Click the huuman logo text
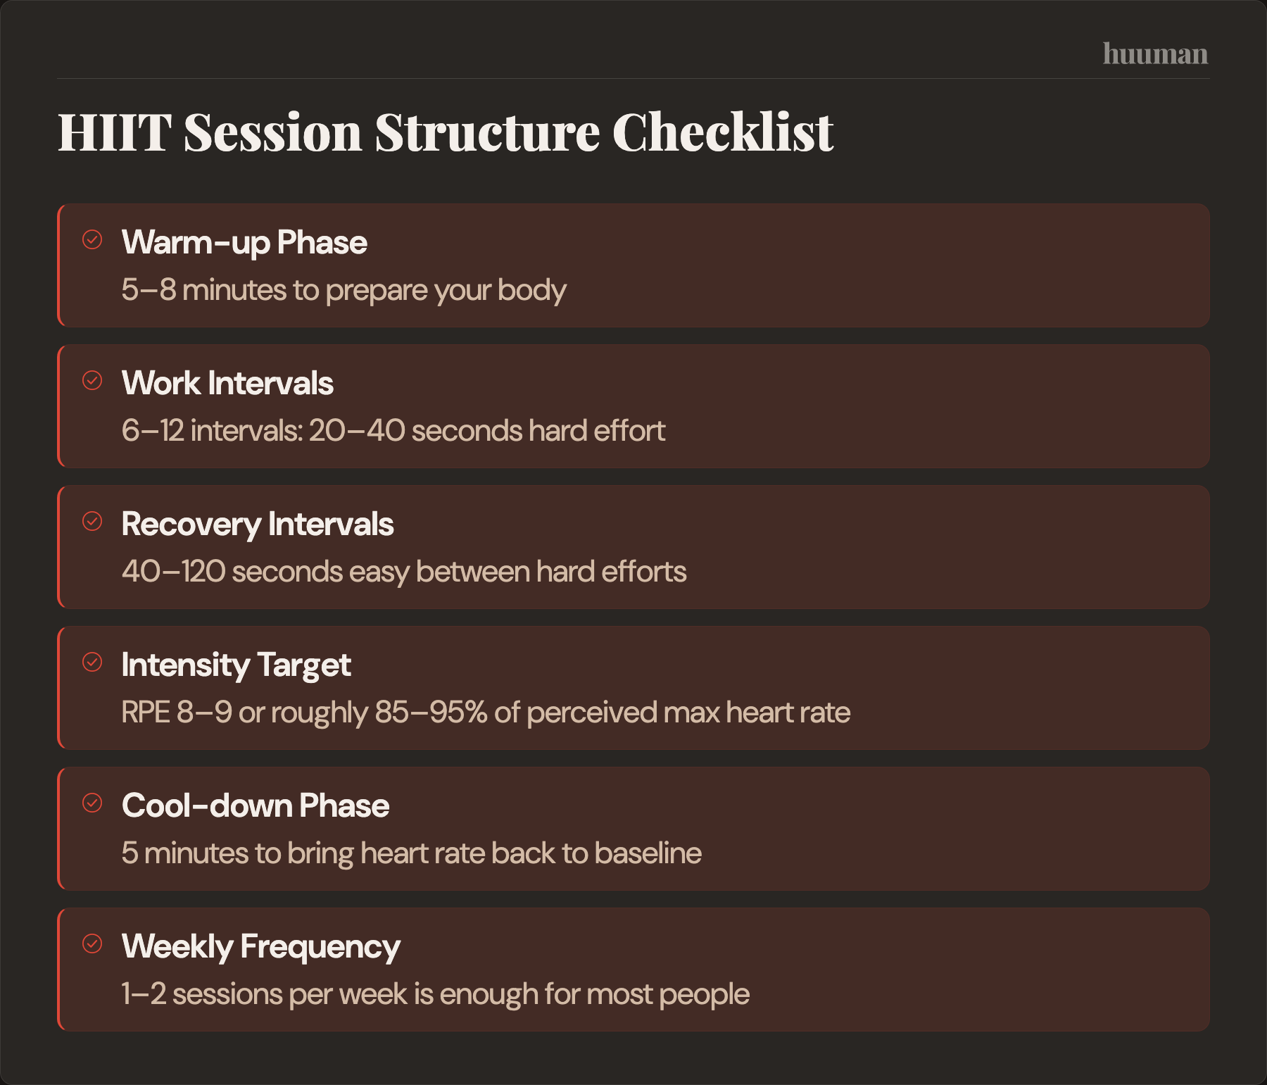pos(1155,54)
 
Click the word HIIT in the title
pos(114,132)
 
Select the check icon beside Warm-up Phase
pos(92,239)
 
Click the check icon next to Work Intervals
pos(92,380)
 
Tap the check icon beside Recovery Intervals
pos(92,521)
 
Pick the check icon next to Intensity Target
pos(92,662)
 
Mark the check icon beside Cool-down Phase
pos(92,803)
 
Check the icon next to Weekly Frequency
pos(92,943)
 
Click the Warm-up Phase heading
pos(244,242)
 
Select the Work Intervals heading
pos(227,383)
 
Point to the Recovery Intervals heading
pos(257,525)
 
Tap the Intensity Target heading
pos(236,665)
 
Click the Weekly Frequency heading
pos(260,947)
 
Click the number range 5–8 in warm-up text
pos(149,290)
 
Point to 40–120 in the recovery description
pos(173,572)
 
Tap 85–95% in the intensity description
pos(431,713)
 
